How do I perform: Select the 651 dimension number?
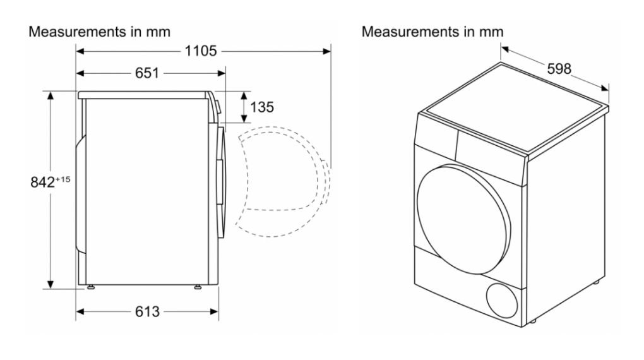coord(146,73)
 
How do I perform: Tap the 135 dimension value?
coord(262,107)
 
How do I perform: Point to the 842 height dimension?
coord(42,183)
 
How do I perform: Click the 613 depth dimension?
coord(146,311)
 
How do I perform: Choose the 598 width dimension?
coord(559,69)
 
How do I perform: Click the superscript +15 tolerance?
coord(63,180)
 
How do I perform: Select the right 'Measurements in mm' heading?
coord(432,32)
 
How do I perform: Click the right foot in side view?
coord(198,289)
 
